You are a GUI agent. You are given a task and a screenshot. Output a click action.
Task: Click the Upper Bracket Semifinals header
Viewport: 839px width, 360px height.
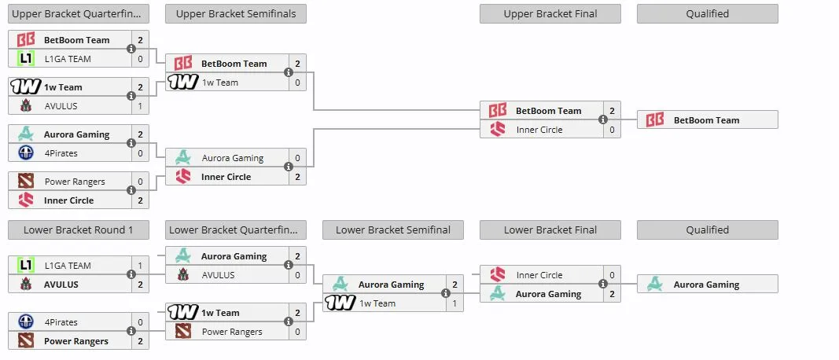pos(235,14)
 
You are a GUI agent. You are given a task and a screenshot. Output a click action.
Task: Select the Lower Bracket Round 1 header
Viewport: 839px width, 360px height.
pos(78,230)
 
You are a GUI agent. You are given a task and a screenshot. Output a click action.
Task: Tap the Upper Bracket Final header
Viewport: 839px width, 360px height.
pos(550,14)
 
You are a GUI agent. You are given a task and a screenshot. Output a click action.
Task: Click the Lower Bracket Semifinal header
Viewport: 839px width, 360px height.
pos(392,230)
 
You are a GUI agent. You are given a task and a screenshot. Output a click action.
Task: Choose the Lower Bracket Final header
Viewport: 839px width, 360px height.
pos(550,230)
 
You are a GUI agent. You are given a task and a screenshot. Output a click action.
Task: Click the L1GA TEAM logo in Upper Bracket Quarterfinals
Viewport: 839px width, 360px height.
pos(26,58)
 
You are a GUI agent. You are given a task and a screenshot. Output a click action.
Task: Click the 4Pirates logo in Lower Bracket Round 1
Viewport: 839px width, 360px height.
pos(26,322)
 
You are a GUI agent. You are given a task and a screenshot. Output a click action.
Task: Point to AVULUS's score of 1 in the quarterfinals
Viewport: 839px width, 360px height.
pos(140,106)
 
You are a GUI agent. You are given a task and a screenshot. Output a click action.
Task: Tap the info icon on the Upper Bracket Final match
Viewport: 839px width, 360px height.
pos(603,119)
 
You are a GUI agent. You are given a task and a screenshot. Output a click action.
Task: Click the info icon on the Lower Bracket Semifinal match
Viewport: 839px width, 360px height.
pos(446,293)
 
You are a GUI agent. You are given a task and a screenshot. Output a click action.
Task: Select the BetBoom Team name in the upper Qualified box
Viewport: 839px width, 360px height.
pos(706,120)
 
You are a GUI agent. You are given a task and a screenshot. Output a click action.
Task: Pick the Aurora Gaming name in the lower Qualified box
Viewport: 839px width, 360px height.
pos(706,285)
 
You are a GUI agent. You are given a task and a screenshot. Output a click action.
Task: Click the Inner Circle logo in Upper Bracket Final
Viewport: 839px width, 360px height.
pos(498,129)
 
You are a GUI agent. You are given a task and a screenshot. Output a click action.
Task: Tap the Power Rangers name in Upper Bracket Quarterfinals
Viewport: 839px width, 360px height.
pos(75,182)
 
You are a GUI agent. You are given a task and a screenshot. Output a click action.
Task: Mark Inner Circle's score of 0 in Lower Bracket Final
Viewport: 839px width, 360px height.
pos(612,275)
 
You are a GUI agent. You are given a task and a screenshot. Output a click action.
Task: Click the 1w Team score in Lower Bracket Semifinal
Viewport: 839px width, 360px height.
pos(454,303)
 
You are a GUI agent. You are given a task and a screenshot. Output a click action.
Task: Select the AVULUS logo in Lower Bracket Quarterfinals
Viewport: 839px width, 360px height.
pos(183,275)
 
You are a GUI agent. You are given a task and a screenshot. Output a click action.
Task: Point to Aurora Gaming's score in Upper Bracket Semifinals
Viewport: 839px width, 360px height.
pos(297,158)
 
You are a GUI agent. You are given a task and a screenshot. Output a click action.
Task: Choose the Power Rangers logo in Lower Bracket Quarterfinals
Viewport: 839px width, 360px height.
pos(183,331)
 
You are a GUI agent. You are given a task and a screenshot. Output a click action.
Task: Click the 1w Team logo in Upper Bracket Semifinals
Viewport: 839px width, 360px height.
pos(183,82)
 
